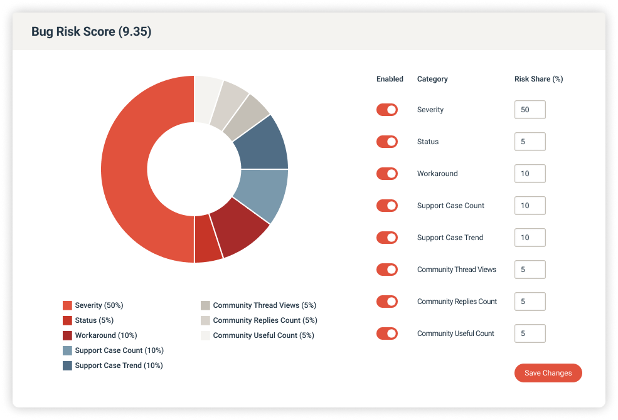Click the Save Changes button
tap(548, 373)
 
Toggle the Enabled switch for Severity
tap(387, 110)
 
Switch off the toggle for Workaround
tap(387, 174)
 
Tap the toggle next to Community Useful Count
tap(387, 333)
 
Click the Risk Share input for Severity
tap(530, 110)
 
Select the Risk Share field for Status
tap(530, 142)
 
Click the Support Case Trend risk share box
tap(530, 238)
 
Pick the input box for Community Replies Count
tap(530, 302)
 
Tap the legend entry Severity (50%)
tap(99, 305)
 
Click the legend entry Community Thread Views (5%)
tap(264, 305)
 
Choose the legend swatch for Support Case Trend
tap(67, 365)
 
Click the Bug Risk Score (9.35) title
tap(92, 32)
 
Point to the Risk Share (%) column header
tap(538, 79)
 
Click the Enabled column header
tap(390, 79)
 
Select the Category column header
tap(432, 79)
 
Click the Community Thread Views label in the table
tap(456, 270)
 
